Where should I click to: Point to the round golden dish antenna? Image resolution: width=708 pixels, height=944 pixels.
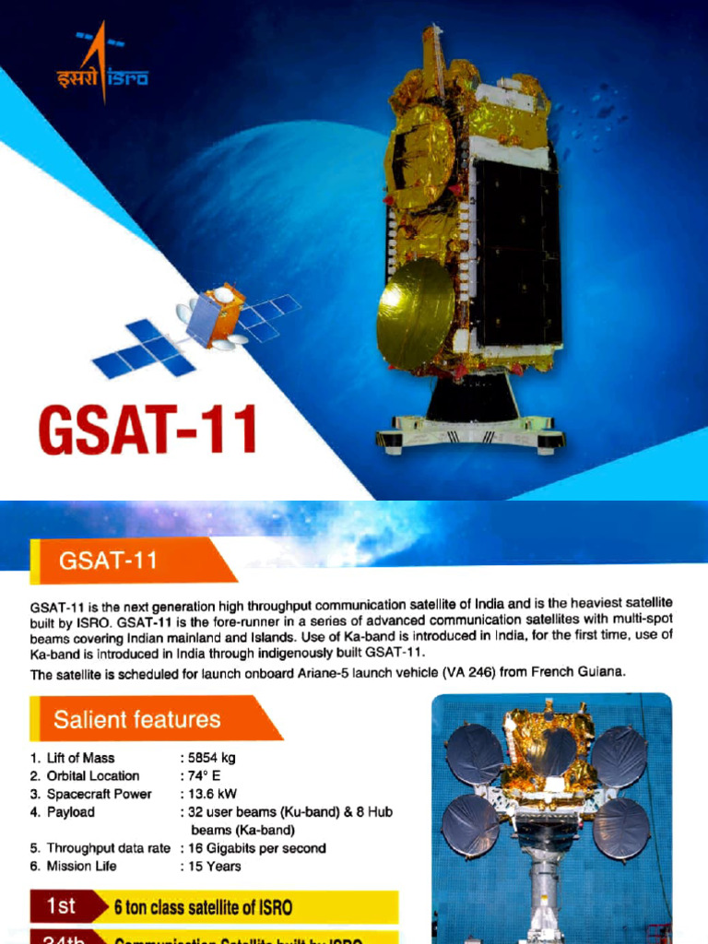click(414, 313)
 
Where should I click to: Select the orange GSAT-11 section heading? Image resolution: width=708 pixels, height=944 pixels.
click(108, 560)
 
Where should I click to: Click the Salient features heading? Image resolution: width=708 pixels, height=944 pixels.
click(136, 719)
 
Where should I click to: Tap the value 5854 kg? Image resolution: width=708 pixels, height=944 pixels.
click(211, 758)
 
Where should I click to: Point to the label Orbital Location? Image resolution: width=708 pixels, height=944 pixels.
click(93, 776)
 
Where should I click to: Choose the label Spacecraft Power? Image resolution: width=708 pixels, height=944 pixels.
click(99, 794)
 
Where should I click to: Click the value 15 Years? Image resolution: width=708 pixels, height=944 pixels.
click(214, 866)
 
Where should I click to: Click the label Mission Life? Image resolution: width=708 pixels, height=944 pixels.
click(82, 866)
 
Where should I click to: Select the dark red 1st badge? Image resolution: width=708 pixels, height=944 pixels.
click(61, 906)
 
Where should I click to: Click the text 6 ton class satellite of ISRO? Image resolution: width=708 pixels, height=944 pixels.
click(203, 907)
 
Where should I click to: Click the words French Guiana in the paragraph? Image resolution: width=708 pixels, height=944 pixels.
click(581, 673)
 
